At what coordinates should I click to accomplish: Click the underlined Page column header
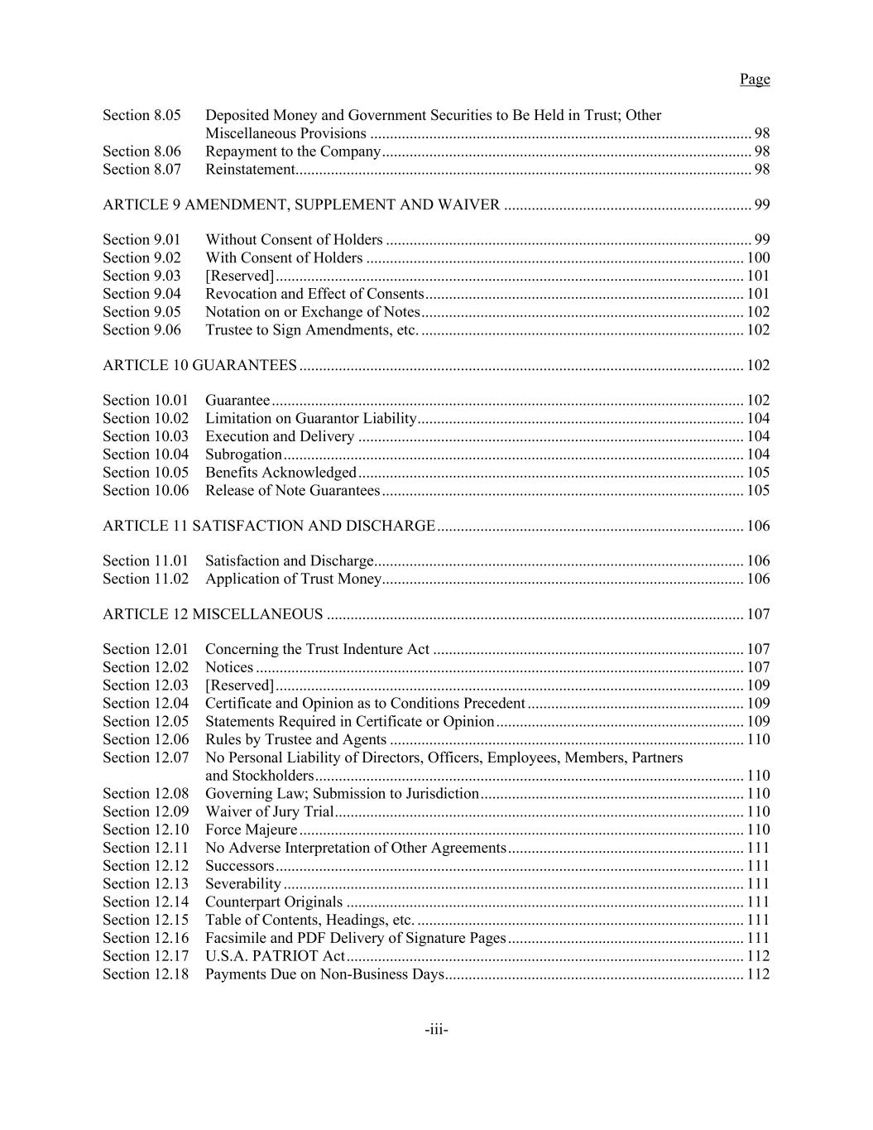click(754, 79)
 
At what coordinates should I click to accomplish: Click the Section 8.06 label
click(142, 151)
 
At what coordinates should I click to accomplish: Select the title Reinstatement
click(250, 170)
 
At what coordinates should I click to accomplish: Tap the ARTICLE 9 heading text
click(301, 204)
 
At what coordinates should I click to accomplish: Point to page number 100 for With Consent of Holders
click(758, 258)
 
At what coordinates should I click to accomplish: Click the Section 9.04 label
click(142, 294)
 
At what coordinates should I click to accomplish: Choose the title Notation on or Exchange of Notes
click(313, 312)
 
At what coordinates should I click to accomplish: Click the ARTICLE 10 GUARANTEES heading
click(199, 365)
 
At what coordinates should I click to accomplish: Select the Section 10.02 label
click(146, 419)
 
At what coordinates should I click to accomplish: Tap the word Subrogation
click(243, 454)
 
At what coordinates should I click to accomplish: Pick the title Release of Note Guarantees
click(292, 491)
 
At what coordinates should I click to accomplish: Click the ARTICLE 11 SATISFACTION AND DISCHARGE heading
click(269, 526)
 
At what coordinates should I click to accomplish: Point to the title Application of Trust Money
click(293, 579)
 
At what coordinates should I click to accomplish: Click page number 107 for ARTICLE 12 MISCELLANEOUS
click(758, 614)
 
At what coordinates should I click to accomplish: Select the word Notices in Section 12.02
click(229, 667)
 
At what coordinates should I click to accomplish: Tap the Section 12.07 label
click(146, 757)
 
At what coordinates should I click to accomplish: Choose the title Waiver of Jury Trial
click(269, 812)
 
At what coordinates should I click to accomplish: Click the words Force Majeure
click(251, 829)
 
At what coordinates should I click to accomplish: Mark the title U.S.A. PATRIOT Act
click(275, 956)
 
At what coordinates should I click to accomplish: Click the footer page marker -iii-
click(436, 1031)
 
